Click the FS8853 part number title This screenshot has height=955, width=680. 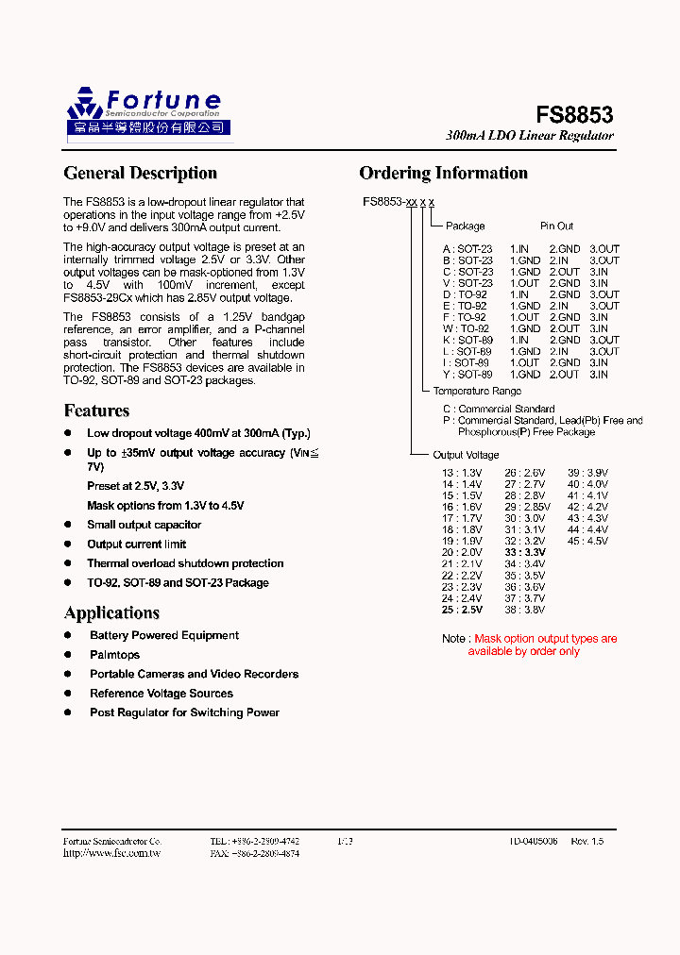tap(574, 115)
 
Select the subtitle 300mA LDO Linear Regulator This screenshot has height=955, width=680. tap(529, 136)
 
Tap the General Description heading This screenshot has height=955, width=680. tap(140, 173)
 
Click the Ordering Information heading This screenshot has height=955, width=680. tap(443, 173)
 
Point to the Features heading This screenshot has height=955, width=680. tap(96, 410)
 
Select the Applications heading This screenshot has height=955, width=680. tap(111, 612)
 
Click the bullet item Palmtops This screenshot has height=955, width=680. tap(114, 655)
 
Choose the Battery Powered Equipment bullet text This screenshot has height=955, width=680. tap(164, 636)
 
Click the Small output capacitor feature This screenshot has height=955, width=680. tap(144, 525)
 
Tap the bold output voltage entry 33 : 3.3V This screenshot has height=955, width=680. tap(525, 552)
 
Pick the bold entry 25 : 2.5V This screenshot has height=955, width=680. tap(461, 610)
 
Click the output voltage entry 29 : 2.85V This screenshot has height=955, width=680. tap(527, 507)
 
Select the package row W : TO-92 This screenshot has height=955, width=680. tap(466, 328)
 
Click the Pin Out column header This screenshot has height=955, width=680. tap(556, 226)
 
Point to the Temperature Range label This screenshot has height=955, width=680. tap(477, 391)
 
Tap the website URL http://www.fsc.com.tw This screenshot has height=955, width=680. tap(111, 853)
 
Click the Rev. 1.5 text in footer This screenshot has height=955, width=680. tap(586, 841)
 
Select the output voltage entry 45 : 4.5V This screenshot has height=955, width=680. tap(587, 541)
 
